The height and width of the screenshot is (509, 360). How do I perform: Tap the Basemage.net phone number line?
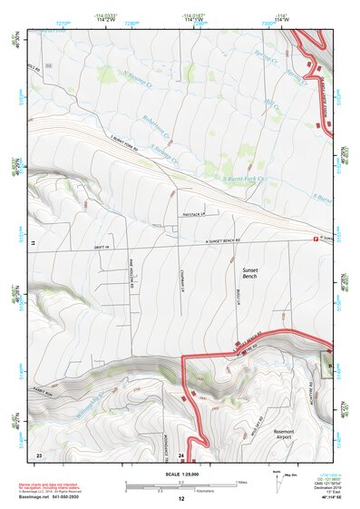(x=50, y=498)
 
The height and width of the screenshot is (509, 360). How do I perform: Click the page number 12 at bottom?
(x=181, y=498)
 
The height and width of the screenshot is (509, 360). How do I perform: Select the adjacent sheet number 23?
(x=39, y=454)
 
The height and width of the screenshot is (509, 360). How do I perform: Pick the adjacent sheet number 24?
(x=180, y=455)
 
